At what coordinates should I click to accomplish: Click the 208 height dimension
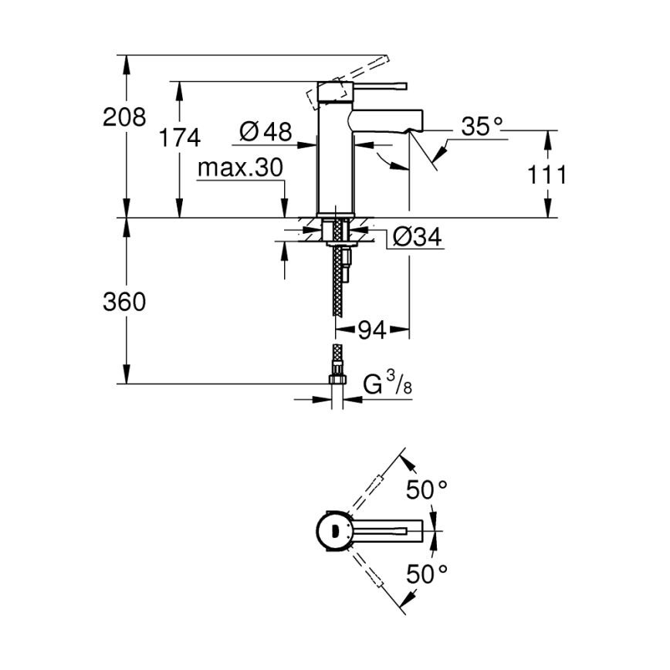124,117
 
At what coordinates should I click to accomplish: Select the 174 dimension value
179,138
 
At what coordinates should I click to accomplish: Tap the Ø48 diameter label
266,133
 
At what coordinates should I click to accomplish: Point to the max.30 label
240,168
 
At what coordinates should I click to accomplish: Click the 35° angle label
482,127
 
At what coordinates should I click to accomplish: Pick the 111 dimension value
547,175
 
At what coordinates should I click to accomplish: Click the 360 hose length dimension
124,303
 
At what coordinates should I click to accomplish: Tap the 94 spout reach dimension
371,331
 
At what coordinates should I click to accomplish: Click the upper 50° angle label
427,489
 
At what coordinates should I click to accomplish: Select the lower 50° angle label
427,573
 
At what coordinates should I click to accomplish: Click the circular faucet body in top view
333,530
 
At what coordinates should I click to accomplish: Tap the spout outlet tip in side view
417,122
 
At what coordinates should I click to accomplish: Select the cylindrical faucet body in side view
333,154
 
